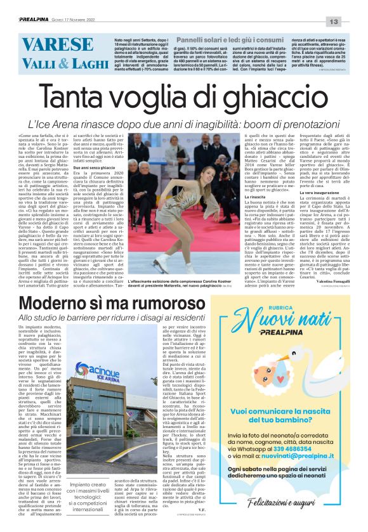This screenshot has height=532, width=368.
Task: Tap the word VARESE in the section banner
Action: [x=58, y=45]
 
